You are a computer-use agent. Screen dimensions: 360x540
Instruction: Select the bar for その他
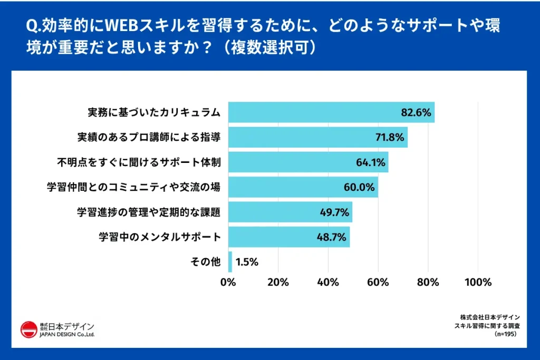click(x=230, y=262)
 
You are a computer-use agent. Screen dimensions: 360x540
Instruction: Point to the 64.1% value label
click(x=371, y=162)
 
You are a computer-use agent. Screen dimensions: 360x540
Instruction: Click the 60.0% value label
click(x=360, y=187)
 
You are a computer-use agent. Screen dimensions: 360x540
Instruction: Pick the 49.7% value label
click(x=335, y=212)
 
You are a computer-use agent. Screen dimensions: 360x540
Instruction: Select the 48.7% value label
click(x=332, y=237)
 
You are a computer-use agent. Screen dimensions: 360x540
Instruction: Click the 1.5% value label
click(x=247, y=262)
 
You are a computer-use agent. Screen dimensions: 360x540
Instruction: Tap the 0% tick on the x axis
click(x=228, y=282)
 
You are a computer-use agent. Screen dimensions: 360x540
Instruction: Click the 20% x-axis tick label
click(x=278, y=282)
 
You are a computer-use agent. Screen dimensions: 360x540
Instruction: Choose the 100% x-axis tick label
click(x=478, y=282)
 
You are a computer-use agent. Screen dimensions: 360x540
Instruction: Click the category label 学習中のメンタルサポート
click(x=159, y=237)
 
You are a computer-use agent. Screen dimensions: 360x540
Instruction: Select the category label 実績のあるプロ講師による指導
click(x=149, y=138)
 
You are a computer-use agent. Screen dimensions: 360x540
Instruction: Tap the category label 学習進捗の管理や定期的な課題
click(x=149, y=212)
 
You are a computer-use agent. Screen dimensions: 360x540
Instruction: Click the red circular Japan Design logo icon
click(x=28, y=329)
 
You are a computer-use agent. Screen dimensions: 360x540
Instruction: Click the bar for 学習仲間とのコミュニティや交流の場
click(x=303, y=187)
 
